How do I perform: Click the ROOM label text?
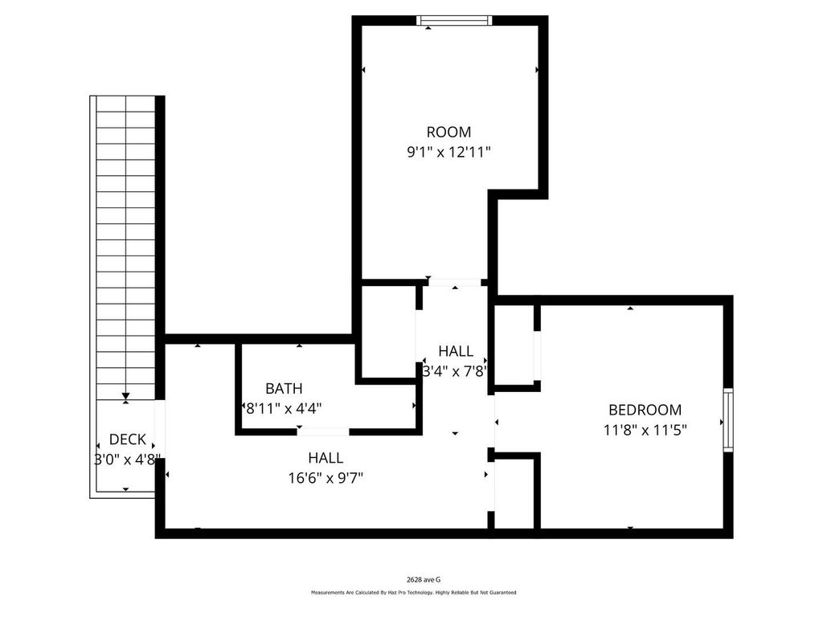448,132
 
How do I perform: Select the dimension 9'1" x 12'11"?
448,153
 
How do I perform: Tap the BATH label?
284,388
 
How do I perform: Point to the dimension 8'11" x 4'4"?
284,408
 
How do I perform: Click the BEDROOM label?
645,410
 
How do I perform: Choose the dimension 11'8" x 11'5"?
645,431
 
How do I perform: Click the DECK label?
128,439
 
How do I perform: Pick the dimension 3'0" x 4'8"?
126,460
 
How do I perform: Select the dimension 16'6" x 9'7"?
326,479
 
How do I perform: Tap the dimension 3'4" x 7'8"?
456,371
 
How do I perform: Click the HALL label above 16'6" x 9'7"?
326,458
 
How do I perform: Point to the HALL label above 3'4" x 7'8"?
456,351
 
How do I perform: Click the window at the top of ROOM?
455,20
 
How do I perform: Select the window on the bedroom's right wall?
728,420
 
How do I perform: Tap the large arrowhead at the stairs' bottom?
125,396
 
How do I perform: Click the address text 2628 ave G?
424,580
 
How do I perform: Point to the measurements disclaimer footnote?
414,593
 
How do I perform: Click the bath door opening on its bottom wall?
323,431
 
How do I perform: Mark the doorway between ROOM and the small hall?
455,283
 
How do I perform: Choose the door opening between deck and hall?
160,430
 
